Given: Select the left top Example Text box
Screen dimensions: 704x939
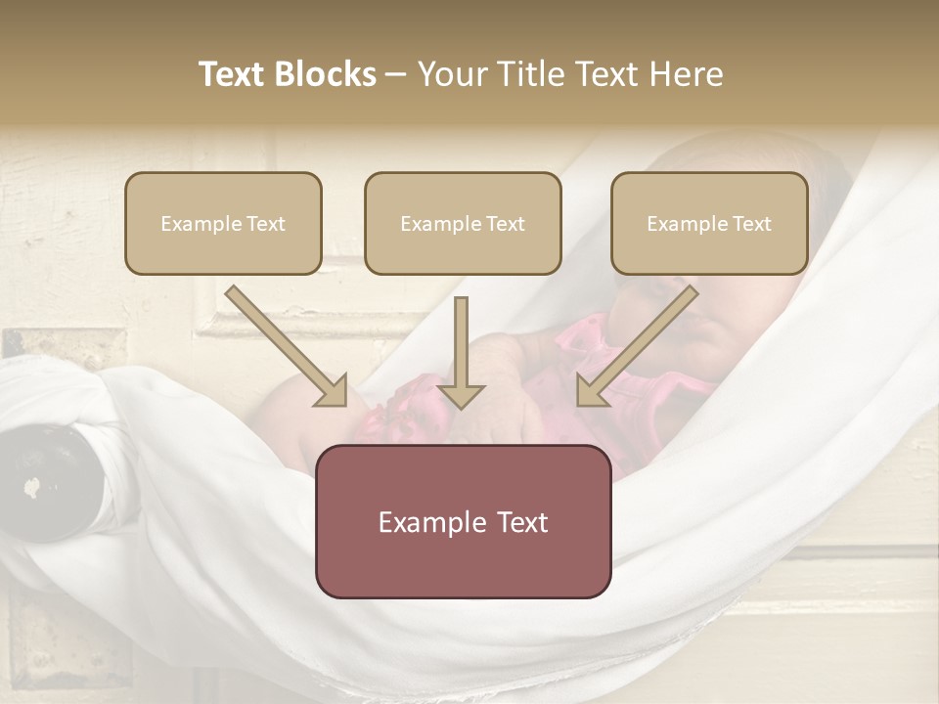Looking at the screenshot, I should pyautogui.click(x=223, y=223).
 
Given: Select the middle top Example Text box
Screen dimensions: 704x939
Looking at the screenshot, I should pyautogui.click(x=463, y=223).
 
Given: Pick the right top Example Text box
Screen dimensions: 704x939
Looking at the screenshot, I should pyautogui.click(x=709, y=223).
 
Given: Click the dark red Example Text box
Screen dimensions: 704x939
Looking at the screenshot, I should pyautogui.click(x=463, y=521).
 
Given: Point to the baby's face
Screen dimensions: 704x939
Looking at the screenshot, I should pyautogui.click(x=675, y=313).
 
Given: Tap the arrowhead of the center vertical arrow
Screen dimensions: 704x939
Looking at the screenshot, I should pyautogui.click(x=462, y=395).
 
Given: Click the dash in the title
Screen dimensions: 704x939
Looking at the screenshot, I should pyautogui.click(x=397, y=75).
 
